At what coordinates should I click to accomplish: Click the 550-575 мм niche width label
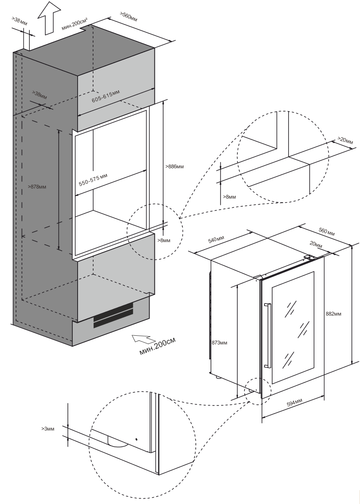coord(93,180)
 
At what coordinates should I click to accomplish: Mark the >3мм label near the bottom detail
coord(47,429)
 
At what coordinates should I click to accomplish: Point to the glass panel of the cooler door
coord(293,327)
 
